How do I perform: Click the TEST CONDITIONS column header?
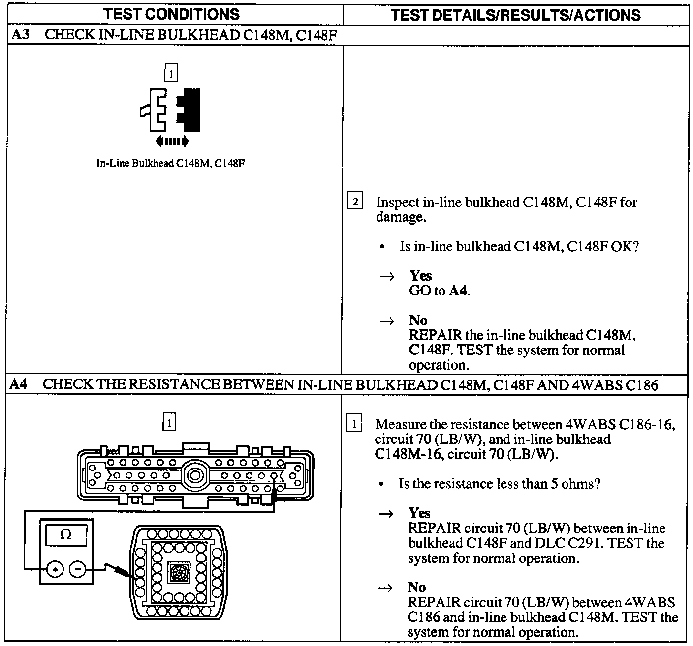tap(171, 14)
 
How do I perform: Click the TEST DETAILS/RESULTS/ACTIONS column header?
tap(516, 15)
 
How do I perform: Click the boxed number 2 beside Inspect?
tap(355, 202)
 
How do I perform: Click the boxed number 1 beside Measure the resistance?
tap(354, 424)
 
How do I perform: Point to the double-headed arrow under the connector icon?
tap(172, 142)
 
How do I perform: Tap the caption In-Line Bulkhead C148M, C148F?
tap(170, 163)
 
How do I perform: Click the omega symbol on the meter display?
tap(65, 534)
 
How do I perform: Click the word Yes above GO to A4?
tap(420, 276)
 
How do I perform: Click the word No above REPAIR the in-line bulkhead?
tap(418, 321)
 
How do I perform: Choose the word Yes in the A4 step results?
tap(419, 513)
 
